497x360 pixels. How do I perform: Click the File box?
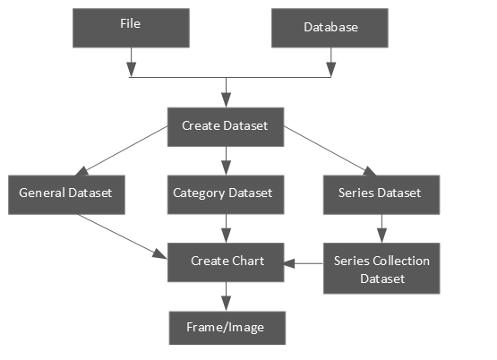point(131,27)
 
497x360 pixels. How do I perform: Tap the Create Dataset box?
point(226,125)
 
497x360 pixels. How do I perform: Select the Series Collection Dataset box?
point(381,268)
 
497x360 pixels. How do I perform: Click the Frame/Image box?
point(227,327)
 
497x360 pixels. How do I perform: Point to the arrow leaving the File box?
point(131,62)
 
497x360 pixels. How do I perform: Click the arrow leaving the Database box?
point(332,62)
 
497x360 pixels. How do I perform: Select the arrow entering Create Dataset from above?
point(227,92)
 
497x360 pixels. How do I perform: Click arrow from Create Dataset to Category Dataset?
point(227,159)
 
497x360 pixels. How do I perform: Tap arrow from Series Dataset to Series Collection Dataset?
point(382,227)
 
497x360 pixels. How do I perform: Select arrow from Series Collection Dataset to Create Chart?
point(306,263)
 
